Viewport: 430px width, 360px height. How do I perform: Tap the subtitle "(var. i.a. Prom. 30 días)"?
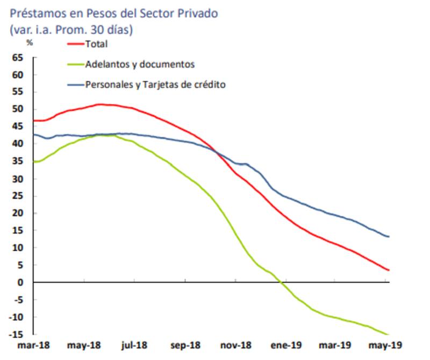[x=71, y=30]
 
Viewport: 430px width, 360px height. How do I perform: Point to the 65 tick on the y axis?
[x=18, y=57]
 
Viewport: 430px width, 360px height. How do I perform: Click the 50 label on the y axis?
[x=18, y=109]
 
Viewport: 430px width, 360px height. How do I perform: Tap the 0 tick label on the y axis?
[x=21, y=283]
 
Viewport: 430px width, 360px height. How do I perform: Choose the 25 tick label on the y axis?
[x=18, y=196]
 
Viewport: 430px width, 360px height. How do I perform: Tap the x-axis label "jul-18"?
[x=134, y=345]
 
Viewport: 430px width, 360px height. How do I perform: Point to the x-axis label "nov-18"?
[x=236, y=345]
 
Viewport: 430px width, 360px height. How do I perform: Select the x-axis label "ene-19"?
[x=287, y=345]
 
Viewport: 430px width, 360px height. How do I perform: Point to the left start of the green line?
[x=34, y=161]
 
